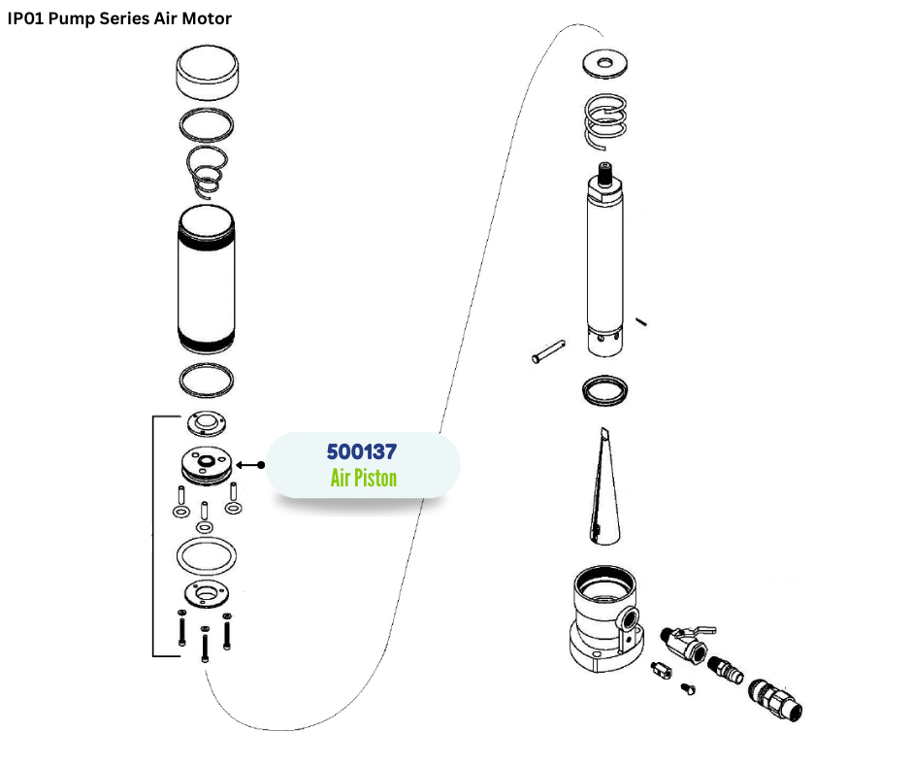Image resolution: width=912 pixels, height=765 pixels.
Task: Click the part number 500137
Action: tap(362, 451)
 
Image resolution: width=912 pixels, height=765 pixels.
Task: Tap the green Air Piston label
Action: tap(363, 478)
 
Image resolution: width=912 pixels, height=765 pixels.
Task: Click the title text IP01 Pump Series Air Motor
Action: tap(119, 18)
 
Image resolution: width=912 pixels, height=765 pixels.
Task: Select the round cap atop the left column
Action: tap(209, 76)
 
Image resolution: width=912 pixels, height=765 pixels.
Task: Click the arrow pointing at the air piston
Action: tap(249, 466)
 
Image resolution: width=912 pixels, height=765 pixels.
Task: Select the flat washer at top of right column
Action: tap(607, 65)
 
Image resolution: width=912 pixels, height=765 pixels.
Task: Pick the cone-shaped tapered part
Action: tap(602, 485)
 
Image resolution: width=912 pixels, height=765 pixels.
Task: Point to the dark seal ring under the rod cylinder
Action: tap(606, 390)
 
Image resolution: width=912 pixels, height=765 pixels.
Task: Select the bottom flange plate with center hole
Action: tap(205, 594)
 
